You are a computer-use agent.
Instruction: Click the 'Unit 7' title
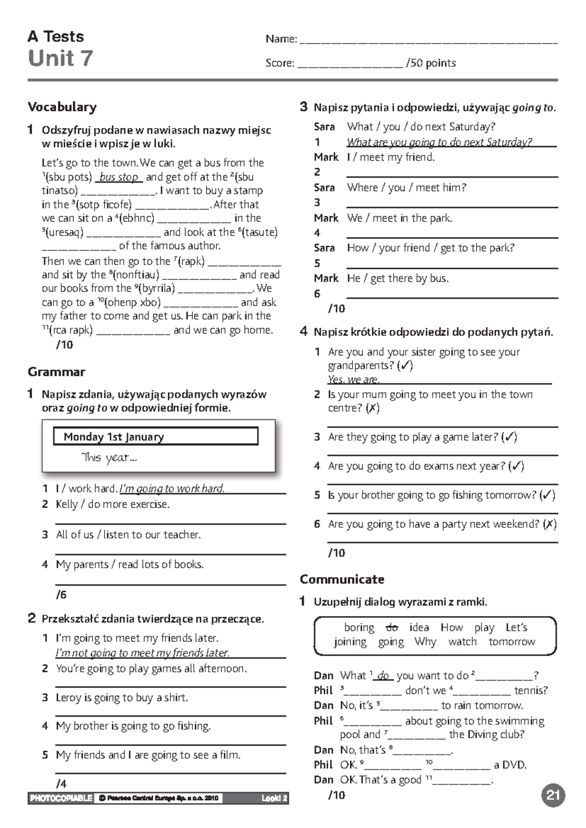[60, 58]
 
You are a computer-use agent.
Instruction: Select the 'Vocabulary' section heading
[62, 106]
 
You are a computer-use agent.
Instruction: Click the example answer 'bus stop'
[119, 177]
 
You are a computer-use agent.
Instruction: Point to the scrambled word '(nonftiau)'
[136, 274]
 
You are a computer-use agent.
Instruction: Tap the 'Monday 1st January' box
[155, 436]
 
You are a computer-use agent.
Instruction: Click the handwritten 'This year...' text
[109, 457]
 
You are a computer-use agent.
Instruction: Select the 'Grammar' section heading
[57, 372]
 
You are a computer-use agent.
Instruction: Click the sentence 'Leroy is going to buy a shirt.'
[122, 697]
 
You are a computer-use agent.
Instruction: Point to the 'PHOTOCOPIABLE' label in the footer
[61, 798]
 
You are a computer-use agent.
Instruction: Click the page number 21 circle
[553, 795]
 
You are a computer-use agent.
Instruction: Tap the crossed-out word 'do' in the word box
[392, 627]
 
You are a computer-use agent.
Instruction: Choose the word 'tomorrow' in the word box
[512, 642]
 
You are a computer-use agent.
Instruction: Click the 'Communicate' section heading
[342, 579]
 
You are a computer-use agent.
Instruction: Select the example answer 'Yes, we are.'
[354, 379]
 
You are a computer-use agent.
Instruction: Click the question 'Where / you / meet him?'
[406, 187]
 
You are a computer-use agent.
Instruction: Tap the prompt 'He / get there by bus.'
[398, 278]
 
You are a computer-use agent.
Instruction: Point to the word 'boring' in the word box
[359, 627]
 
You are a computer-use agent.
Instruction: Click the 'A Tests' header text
[56, 37]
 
